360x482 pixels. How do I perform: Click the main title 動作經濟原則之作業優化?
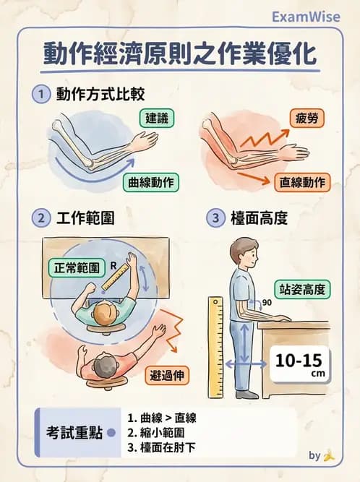coord(180,56)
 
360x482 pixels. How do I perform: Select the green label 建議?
coord(158,118)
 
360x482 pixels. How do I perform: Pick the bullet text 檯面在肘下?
coord(164,448)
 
